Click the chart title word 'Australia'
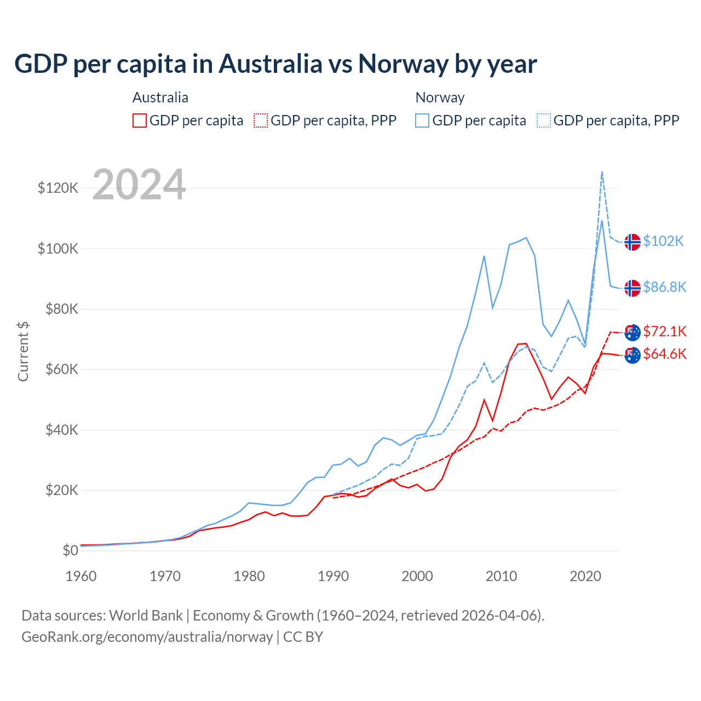[271, 64]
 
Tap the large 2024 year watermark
[139, 185]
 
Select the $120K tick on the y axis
[58, 188]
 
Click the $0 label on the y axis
[70, 550]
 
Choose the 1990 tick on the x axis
[333, 576]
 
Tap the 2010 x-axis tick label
[501, 576]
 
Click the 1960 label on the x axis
[81, 576]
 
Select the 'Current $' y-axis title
[23, 351]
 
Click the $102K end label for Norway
[663, 241]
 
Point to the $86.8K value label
[664, 287]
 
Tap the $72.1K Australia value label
[664, 331]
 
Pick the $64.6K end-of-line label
[664, 354]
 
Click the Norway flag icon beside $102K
[633, 242]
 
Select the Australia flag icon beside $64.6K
[633, 355]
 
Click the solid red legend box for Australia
[140, 120]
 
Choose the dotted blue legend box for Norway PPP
[544, 120]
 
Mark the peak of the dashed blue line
[602, 171]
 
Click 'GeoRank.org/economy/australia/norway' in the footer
[147, 637]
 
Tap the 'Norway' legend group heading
[440, 97]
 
